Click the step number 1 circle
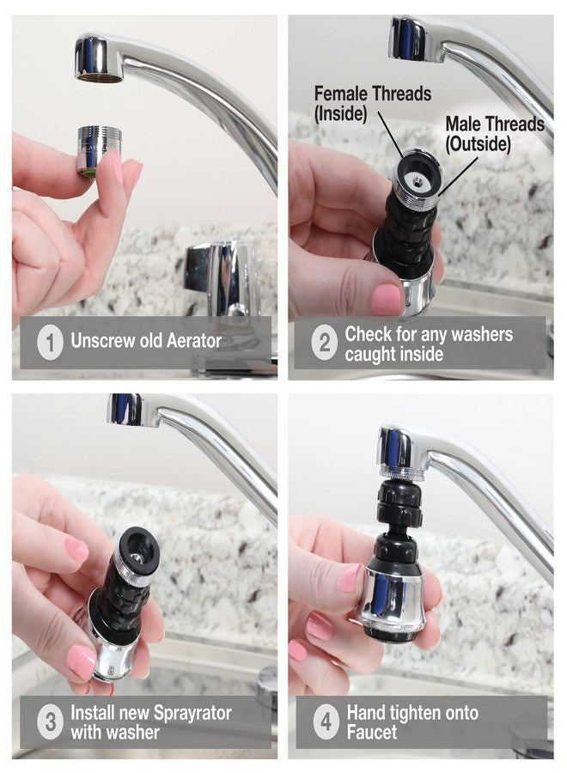click(50, 342)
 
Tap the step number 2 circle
click(325, 344)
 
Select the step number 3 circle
click(50, 721)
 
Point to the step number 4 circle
click(325, 721)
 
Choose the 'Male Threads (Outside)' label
click(494, 133)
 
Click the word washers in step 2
click(476, 333)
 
